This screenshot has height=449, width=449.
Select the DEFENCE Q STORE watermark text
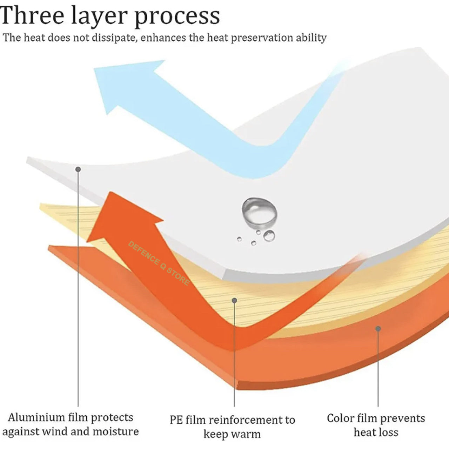(x=159, y=263)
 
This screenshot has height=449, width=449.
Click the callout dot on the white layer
(x=78, y=169)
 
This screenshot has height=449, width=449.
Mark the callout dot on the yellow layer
(x=234, y=301)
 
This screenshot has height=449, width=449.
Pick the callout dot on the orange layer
(x=378, y=329)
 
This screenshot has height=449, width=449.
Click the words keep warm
(x=232, y=434)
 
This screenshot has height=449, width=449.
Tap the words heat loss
(x=376, y=432)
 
